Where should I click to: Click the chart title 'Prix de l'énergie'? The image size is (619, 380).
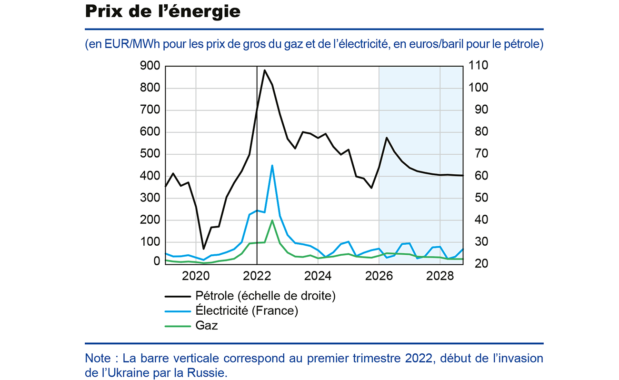point(162,12)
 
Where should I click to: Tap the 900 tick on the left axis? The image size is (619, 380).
point(150,66)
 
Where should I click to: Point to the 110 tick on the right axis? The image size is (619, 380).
point(478,66)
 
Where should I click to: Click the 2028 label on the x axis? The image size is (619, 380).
point(440,276)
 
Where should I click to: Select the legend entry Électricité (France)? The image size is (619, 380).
point(246,311)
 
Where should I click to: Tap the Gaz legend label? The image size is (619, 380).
point(206,326)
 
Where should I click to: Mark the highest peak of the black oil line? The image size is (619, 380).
point(265,70)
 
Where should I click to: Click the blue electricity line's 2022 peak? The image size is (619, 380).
point(272,166)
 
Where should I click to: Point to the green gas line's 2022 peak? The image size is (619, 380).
point(272,220)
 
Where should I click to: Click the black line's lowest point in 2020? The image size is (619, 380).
point(204,249)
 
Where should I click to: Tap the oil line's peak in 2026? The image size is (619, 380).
point(387,138)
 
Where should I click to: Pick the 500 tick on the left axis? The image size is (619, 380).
point(150,154)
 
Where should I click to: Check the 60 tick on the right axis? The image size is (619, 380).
point(478,176)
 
